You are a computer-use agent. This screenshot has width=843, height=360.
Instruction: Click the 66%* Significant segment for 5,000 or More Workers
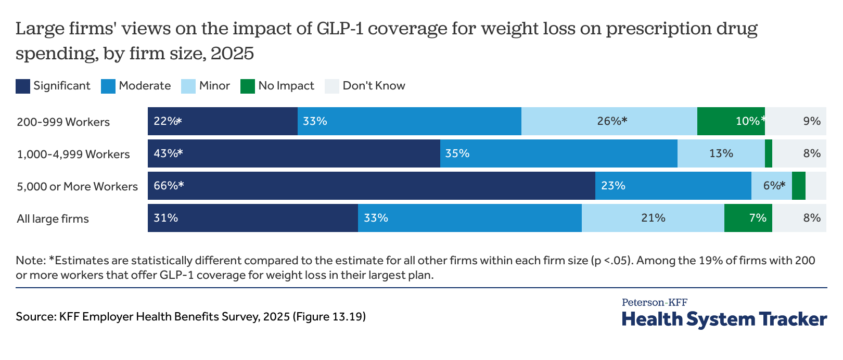click(x=371, y=186)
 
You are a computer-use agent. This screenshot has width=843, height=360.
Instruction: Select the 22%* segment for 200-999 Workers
click(x=222, y=121)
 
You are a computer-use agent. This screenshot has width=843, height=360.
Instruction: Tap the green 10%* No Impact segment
click(x=731, y=121)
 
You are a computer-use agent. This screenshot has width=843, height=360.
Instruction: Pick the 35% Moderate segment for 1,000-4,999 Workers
click(x=558, y=153)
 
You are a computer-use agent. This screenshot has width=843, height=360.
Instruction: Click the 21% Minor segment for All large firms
click(x=653, y=218)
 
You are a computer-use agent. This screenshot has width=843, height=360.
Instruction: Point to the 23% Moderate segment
click(x=673, y=186)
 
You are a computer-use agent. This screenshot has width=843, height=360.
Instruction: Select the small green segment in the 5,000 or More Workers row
click(x=798, y=186)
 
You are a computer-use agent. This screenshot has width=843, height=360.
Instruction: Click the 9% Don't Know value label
click(x=811, y=121)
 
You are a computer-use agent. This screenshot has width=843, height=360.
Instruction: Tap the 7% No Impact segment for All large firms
click(x=748, y=218)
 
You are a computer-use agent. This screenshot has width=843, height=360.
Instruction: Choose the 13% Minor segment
click(x=721, y=153)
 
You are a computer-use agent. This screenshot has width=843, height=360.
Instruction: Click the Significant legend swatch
click(x=23, y=86)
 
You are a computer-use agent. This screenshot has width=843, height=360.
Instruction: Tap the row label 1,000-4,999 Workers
click(x=73, y=155)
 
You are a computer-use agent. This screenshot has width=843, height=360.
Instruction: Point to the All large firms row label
click(x=53, y=219)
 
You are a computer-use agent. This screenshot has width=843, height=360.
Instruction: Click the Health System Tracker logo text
click(x=724, y=319)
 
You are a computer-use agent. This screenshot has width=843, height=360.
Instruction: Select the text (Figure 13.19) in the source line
click(x=329, y=316)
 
